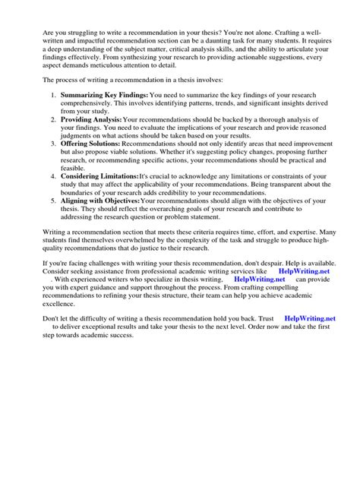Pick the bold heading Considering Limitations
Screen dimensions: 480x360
[99, 175]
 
